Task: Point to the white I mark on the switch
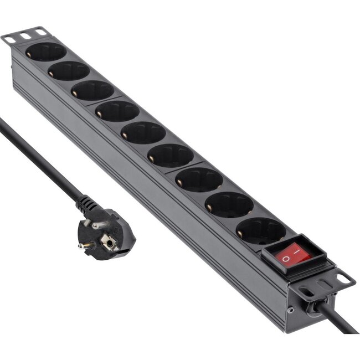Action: (300, 253)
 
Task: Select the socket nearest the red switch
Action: (260, 230)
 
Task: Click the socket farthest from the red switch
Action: (45, 52)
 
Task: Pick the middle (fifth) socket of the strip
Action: (143, 133)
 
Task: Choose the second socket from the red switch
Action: (229, 204)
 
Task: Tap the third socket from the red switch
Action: (199, 179)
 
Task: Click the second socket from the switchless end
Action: (68, 71)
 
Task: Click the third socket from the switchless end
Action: (92, 90)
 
